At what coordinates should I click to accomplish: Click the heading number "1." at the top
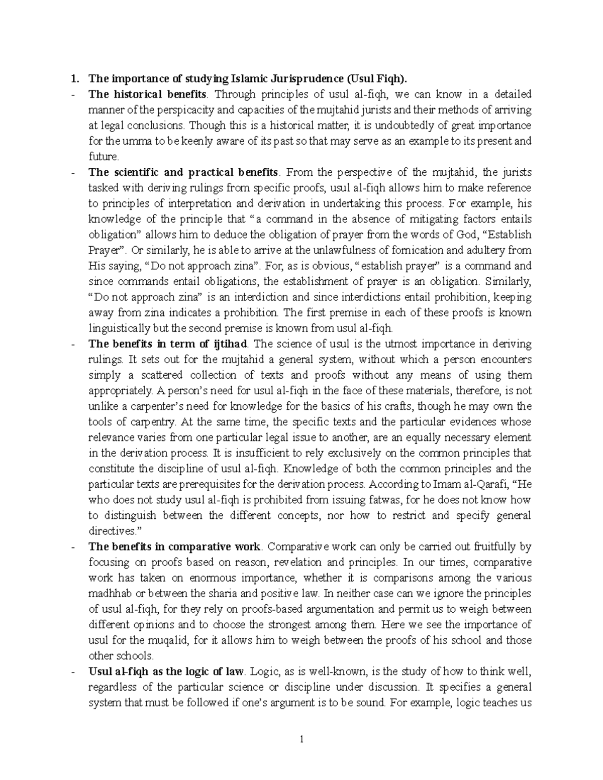[75, 78]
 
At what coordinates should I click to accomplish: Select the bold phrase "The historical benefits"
[147, 94]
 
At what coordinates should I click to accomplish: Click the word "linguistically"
[119, 328]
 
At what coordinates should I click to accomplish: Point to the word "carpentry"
[145, 422]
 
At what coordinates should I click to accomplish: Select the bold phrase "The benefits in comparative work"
[174, 546]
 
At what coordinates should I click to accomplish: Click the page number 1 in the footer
[301, 739]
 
